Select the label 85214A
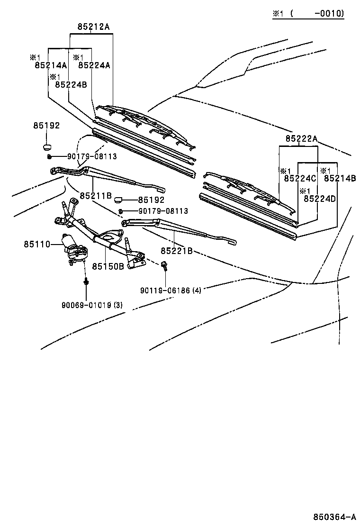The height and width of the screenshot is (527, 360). (x=51, y=65)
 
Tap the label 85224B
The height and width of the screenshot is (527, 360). (x=71, y=84)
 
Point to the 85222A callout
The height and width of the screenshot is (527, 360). (x=301, y=138)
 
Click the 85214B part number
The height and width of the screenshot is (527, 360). (x=340, y=178)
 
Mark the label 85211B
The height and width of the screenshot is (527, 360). (x=95, y=195)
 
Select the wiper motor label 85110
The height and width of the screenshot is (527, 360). (x=37, y=244)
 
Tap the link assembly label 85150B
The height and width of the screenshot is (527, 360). (x=108, y=266)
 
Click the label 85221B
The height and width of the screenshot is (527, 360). (x=176, y=251)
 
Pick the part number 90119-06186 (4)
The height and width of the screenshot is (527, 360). (x=171, y=290)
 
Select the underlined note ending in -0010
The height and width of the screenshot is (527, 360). (x=308, y=14)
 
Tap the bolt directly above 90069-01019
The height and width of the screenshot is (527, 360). (x=86, y=282)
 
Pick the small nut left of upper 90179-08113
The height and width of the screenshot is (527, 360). (x=49, y=156)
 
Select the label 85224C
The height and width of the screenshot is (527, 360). (x=300, y=178)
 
